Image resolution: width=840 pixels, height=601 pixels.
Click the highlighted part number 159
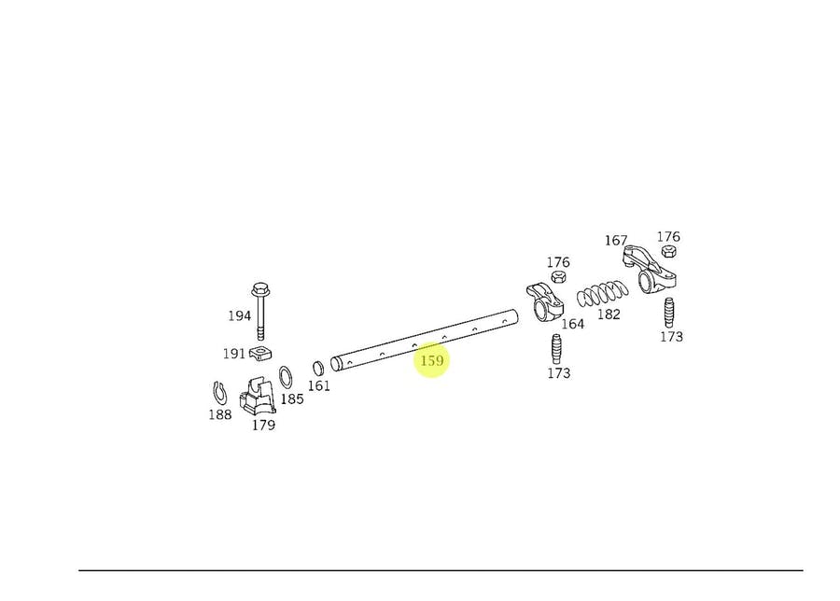432,360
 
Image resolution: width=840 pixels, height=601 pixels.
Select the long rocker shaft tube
425,340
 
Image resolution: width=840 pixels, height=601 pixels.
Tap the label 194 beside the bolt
240,316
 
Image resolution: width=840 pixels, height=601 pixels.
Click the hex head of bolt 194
260,290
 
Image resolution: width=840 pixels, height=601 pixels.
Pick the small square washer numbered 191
259,353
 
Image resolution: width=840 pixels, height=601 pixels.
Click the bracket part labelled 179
258,396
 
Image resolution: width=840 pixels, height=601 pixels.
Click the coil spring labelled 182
603,294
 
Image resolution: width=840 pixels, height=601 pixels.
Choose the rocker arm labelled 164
544,302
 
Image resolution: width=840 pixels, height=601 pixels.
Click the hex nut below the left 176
558,277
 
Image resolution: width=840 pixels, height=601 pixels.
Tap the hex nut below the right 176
668,251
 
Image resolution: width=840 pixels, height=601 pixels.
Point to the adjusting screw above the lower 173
556,349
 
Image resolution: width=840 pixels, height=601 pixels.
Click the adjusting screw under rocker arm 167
669,313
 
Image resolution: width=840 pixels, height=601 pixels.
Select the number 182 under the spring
609,314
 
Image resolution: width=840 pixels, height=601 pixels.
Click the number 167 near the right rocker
616,241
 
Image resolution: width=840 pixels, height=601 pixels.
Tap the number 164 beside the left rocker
573,324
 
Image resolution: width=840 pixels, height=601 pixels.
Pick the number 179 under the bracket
263,425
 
